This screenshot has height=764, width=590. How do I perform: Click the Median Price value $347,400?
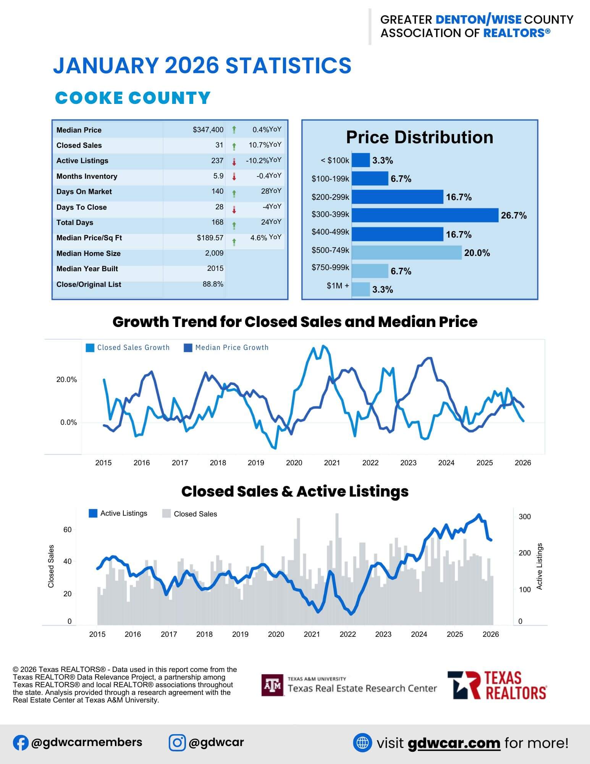tap(208, 130)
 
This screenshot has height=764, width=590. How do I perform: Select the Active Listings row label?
tap(82, 161)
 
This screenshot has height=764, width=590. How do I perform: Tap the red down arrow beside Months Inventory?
tap(234, 177)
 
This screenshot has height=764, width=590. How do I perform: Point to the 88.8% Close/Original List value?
tap(213, 284)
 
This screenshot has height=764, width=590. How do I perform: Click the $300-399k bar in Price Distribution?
tap(425, 215)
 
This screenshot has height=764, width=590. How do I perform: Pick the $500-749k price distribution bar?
tap(406, 253)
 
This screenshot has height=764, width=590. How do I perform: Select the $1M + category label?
tap(338, 286)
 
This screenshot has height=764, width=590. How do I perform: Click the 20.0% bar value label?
tap(477, 253)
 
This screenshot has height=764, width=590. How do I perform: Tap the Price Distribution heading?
tap(419, 138)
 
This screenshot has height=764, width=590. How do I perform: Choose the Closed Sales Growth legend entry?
tap(128, 348)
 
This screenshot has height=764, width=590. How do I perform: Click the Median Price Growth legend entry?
tap(226, 348)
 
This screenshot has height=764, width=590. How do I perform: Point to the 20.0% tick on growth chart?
tap(66, 380)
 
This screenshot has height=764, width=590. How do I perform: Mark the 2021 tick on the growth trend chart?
tap(332, 463)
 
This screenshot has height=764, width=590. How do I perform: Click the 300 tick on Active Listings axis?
tap(524, 517)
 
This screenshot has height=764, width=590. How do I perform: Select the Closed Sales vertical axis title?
tap(51, 566)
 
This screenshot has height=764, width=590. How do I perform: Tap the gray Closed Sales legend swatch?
tap(166, 514)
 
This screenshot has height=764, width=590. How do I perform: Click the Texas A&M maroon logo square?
tap(272, 685)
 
